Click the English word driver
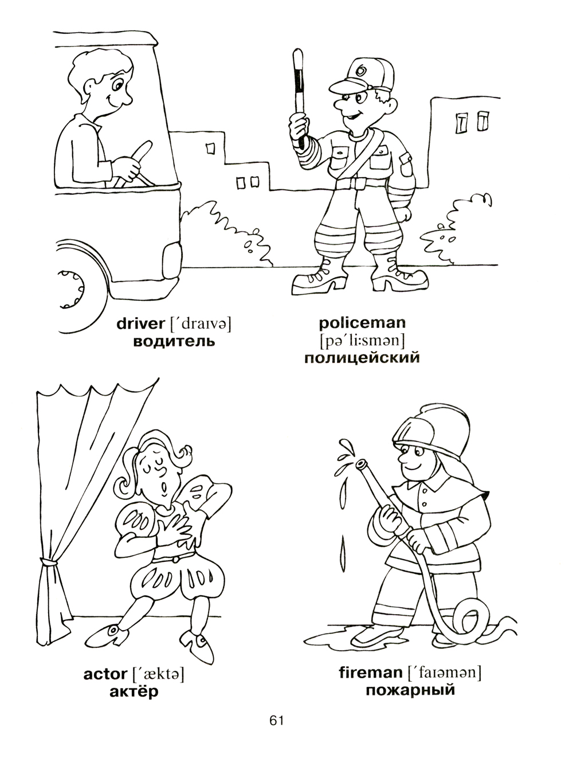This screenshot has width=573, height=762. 140,323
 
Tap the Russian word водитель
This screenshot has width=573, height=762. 174,342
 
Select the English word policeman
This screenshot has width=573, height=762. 362,323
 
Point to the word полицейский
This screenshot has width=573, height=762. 362,358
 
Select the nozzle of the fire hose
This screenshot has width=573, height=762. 362,464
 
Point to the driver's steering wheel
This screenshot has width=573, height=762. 136,165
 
